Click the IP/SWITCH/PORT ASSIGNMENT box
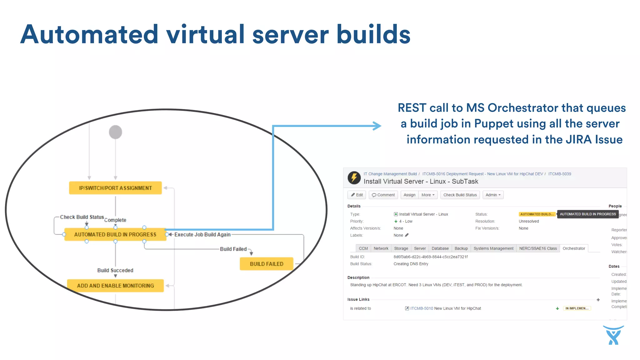click(115, 188)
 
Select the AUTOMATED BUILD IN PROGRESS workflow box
click(115, 234)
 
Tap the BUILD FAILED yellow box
click(267, 264)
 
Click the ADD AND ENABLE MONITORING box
click(115, 286)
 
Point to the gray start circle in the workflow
click(115, 132)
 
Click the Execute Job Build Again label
click(202, 235)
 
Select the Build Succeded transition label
click(115, 270)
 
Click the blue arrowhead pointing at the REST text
click(377, 126)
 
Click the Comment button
click(383, 195)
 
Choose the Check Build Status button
click(460, 195)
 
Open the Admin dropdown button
click(493, 195)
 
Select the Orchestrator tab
click(573, 248)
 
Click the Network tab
click(381, 248)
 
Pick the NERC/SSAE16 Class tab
click(538, 248)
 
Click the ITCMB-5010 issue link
click(421, 308)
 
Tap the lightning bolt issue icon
click(354, 178)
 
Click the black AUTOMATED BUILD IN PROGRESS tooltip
click(587, 214)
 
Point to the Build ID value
click(430, 257)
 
